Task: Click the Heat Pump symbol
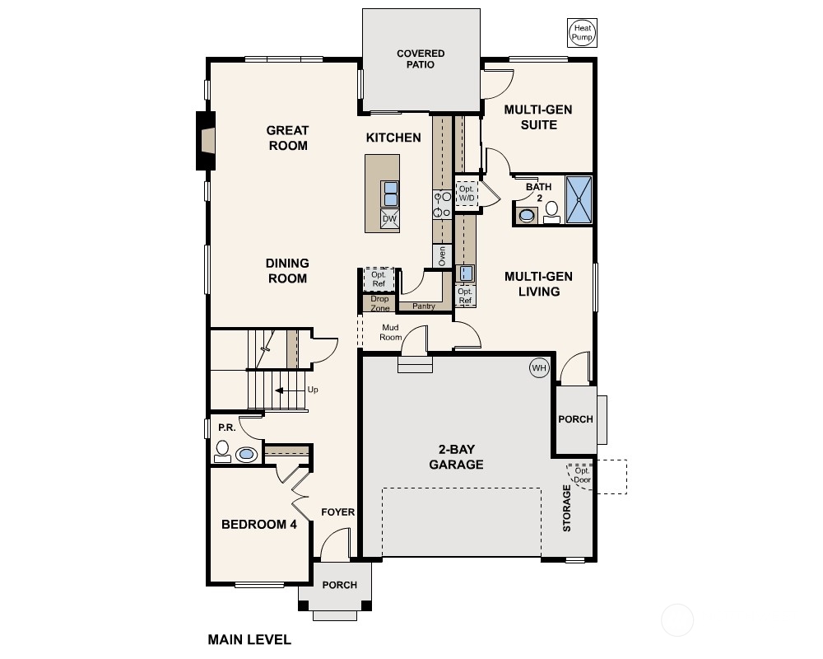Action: [x=582, y=33]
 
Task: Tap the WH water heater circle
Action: [x=539, y=368]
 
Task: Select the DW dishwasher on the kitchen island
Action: [x=389, y=219]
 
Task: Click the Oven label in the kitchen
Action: [x=442, y=256]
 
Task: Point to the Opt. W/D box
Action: [x=466, y=194]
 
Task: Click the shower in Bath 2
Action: [x=579, y=199]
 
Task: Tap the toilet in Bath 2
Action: [x=551, y=213]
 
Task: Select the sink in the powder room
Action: [x=246, y=454]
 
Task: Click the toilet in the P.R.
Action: [x=222, y=451]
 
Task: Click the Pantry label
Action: [x=424, y=306]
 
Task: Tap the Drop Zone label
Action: [x=379, y=303]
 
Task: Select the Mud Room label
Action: [x=390, y=332]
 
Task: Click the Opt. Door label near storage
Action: [x=582, y=475]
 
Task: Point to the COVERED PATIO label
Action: [x=421, y=58]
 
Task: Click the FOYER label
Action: [x=338, y=512]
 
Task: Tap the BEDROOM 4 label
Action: [x=258, y=525]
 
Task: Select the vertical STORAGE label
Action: [x=567, y=508]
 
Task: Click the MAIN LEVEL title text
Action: [x=249, y=639]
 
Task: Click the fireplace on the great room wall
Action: [x=206, y=141]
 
